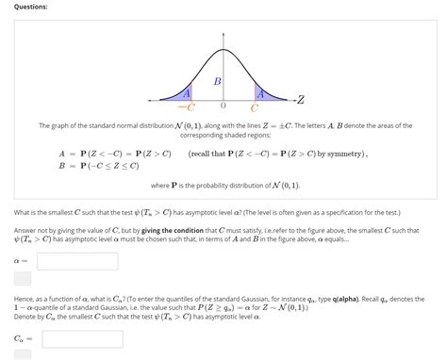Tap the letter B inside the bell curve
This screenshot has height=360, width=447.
coord(217,82)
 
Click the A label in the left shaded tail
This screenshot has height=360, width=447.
coord(187,93)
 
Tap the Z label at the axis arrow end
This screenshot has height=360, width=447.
coord(300,99)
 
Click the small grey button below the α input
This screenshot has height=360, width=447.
coord(23,279)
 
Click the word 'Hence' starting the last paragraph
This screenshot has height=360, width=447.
coord(25,297)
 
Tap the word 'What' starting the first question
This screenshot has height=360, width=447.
coord(24,212)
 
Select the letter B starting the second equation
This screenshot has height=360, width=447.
coord(61,165)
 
